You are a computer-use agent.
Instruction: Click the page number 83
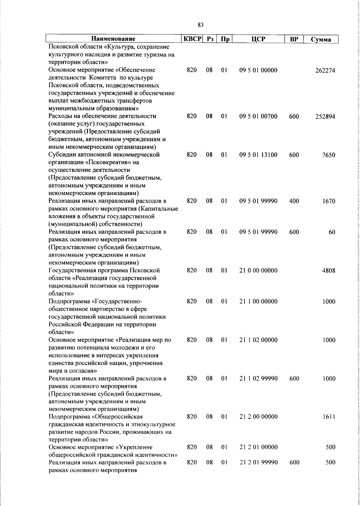coord(201,25)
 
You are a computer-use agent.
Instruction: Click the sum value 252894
coord(325,117)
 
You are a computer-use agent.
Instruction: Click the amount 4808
coord(329,271)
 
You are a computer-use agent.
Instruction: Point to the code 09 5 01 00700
coord(258,116)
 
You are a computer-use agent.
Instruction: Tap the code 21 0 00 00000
coord(258,270)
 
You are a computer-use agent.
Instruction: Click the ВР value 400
coord(294,201)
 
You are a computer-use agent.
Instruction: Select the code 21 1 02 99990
coord(258,378)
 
